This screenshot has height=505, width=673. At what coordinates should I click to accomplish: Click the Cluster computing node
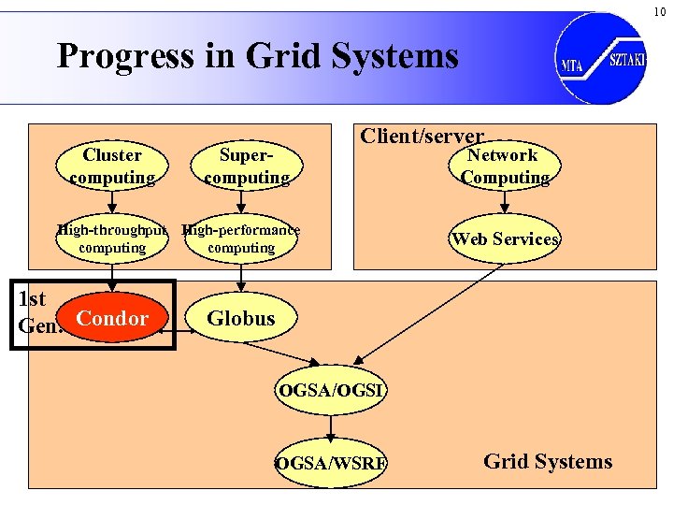[x=112, y=166]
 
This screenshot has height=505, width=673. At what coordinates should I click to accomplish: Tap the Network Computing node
[x=503, y=166]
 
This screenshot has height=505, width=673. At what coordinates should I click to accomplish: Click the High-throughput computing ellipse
[x=112, y=238]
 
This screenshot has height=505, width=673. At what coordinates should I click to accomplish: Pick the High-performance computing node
[x=241, y=238]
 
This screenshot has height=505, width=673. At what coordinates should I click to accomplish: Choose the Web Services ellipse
[x=504, y=238]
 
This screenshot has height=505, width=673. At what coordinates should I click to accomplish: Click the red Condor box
[x=112, y=319]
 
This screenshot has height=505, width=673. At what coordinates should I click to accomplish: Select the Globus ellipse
[x=241, y=319]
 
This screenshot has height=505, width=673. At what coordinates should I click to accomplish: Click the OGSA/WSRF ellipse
[x=331, y=462]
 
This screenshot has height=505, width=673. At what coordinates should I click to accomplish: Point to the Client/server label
[x=422, y=137]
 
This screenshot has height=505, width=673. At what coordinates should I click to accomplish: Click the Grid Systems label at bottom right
[x=548, y=461]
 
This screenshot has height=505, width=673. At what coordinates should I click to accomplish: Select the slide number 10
[x=659, y=11]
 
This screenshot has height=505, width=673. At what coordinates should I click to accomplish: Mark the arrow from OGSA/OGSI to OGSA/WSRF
[x=331, y=426]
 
